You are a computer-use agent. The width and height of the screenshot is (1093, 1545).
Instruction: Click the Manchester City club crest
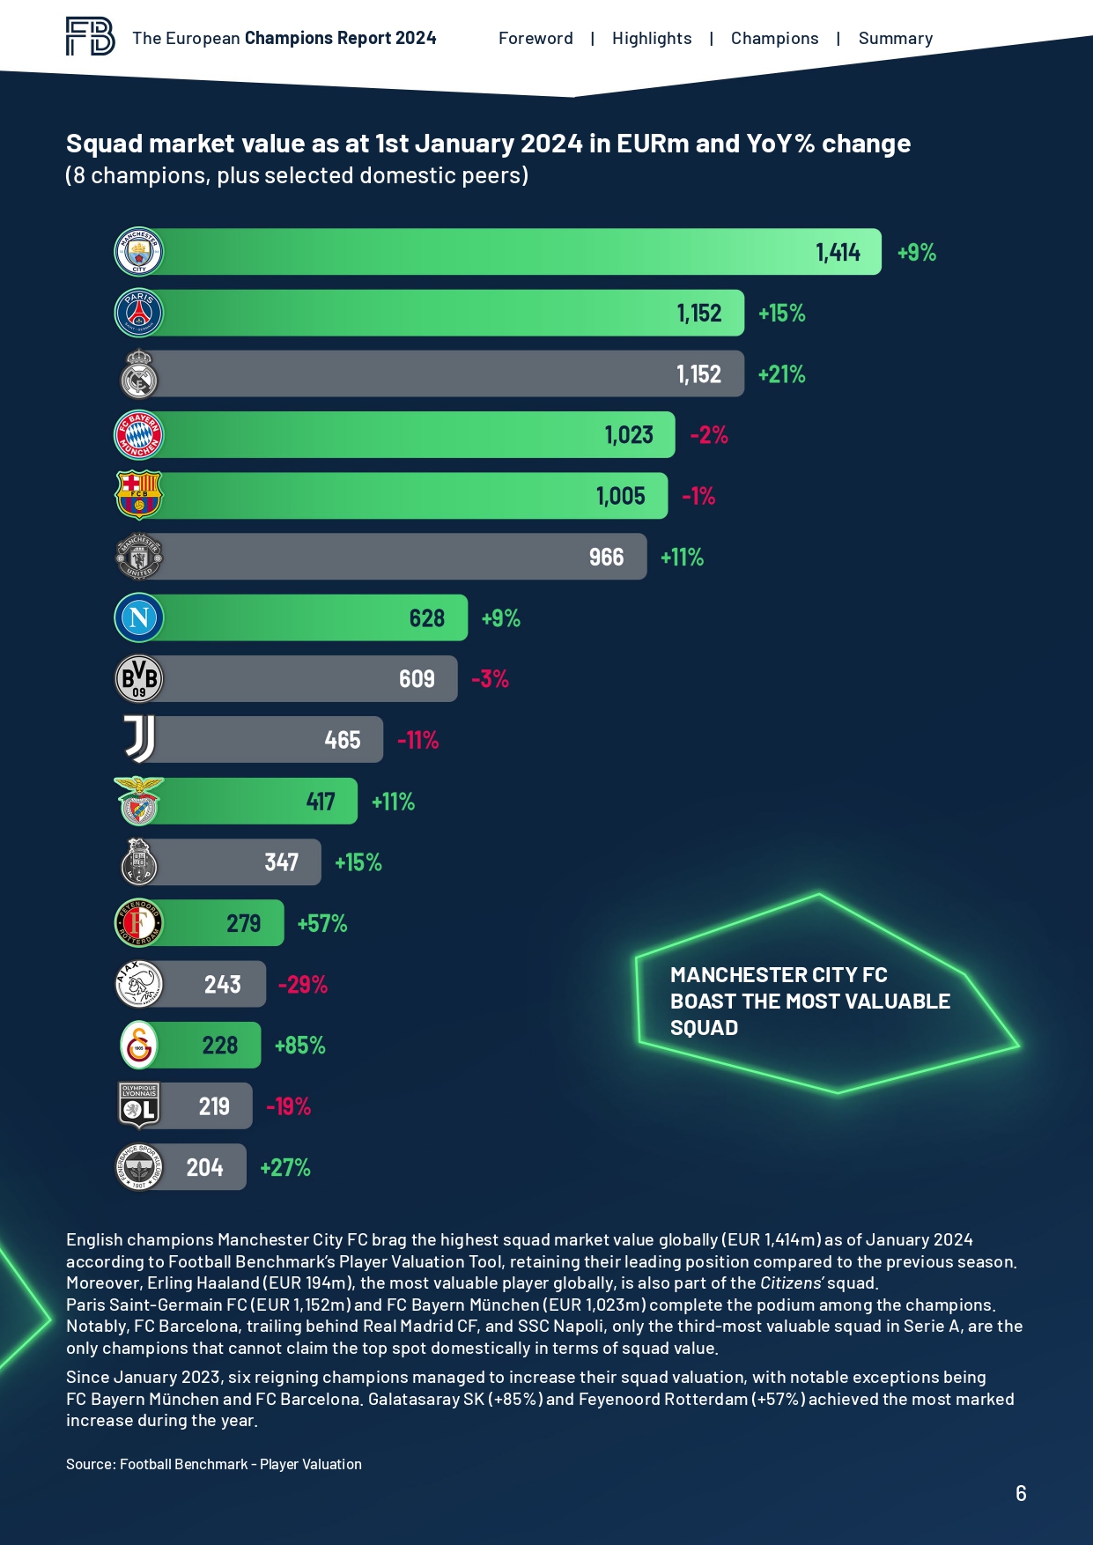click(139, 253)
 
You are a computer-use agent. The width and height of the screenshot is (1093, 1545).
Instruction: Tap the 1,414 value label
click(838, 253)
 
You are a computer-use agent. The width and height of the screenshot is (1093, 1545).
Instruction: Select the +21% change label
click(781, 374)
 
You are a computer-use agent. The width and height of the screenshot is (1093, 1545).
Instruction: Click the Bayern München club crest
click(139, 435)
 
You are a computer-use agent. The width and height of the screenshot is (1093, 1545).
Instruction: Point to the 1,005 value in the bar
click(621, 496)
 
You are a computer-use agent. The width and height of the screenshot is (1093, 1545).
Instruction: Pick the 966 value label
click(606, 557)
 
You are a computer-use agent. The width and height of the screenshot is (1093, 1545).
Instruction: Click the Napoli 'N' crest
click(139, 617)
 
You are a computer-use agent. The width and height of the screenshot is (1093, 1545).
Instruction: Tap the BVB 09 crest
click(139, 679)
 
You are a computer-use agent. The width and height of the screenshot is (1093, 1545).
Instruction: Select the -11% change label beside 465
click(417, 740)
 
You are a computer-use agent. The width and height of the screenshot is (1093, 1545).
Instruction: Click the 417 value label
click(321, 802)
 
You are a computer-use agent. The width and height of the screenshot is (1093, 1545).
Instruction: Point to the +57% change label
click(322, 923)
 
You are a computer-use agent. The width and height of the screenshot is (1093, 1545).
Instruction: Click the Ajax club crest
click(139, 984)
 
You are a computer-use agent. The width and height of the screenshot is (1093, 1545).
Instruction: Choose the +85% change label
click(300, 1046)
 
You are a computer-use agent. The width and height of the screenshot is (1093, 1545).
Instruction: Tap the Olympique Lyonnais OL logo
click(139, 1105)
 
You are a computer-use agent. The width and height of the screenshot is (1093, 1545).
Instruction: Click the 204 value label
click(204, 1168)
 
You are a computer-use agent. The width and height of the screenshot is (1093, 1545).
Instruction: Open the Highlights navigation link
click(652, 39)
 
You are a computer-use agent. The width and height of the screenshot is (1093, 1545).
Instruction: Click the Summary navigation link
click(895, 39)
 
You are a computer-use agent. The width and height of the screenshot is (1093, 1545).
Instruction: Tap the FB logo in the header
click(90, 37)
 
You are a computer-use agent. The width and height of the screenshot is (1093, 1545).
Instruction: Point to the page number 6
click(1021, 1493)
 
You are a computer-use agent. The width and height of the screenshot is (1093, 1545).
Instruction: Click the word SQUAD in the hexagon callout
click(704, 1028)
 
